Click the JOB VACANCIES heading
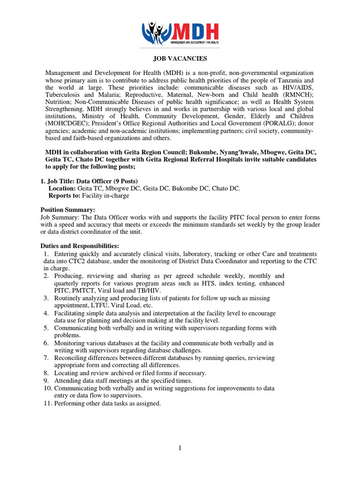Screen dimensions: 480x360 [x=180, y=59]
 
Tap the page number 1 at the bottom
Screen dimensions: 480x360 [x=180, y=448]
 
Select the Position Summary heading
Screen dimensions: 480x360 [x=67, y=210]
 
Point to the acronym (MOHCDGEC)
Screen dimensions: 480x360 [x=68, y=123]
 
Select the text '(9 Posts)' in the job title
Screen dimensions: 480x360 [x=124, y=181]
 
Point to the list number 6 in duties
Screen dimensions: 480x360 [x=47, y=343]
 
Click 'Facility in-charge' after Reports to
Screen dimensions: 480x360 [x=105, y=195]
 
